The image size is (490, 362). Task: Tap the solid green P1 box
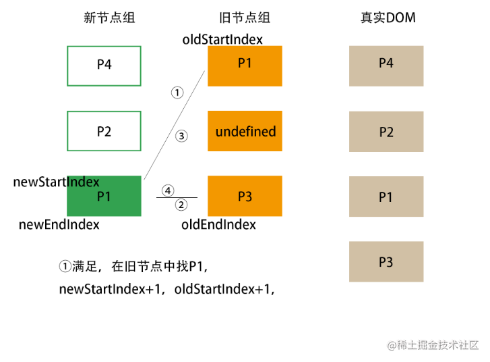[104, 196]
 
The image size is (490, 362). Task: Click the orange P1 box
[245, 66]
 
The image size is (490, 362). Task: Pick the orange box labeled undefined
[245, 131]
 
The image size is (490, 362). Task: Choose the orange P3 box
[245, 196]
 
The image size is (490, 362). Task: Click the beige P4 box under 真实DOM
[386, 66]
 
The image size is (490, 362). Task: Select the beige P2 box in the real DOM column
[386, 132]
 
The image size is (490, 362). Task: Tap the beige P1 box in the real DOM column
[386, 197]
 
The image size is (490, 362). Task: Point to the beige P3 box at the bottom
[386, 261]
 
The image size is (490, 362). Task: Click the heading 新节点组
[109, 18]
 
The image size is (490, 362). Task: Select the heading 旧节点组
[245, 18]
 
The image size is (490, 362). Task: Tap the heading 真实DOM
[388, 18]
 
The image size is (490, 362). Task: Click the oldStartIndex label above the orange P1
[222, 39]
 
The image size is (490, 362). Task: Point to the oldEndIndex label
[219, 224]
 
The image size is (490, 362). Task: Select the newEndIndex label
[59, 224]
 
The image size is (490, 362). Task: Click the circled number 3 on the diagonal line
[181, 136]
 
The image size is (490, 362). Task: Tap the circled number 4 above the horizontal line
[168, 190]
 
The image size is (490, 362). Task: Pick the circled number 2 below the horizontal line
[181, 205]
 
